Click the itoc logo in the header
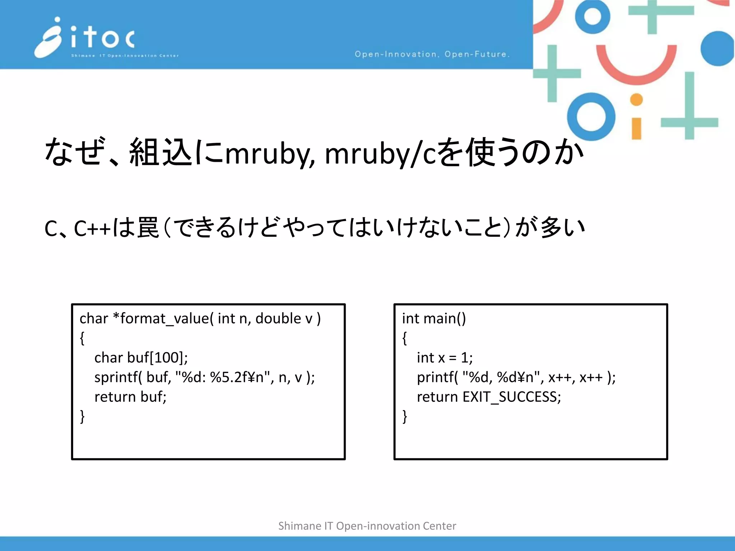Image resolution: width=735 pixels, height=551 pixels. tap(86, 38)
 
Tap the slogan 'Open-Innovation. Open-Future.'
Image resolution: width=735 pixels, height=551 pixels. tap(432, 54)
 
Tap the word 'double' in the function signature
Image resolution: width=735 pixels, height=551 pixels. tap(278, 319)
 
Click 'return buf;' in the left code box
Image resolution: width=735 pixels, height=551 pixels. tap(130, 397)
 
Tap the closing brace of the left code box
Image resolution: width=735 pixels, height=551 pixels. tap(83, 416)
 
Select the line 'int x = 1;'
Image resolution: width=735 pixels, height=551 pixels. tap(445, 358)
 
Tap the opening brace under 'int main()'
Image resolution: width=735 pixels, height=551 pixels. tap(405, 338)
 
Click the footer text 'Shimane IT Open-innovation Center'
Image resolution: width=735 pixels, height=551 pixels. tap(367, 526)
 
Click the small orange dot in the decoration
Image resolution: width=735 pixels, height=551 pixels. tap(636, 100)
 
